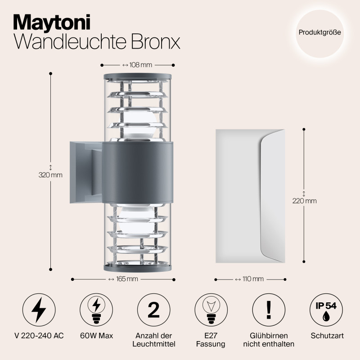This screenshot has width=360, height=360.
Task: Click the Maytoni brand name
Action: (x=52, y=21)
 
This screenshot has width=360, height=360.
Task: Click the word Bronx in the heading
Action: (x=156, y=41)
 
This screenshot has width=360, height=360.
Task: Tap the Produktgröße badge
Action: (x=319, y=32)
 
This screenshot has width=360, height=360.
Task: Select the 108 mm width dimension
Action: (x=138, y=65)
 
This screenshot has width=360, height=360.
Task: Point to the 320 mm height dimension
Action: (x=50, y=175)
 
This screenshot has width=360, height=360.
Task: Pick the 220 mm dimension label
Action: (x=304, y=201)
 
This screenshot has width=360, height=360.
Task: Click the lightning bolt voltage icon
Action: (x=39, y=310)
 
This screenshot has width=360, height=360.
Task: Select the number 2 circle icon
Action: (x=153, y=310)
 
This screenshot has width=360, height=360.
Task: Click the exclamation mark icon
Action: (x=269, y=310)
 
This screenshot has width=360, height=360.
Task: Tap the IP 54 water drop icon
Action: (x=326, y=310)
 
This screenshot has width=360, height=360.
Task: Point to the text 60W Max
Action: (x=96, y=336)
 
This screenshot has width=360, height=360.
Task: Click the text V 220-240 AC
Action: (x=39, y=336)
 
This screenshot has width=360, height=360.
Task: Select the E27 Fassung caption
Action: (x=211, y=340)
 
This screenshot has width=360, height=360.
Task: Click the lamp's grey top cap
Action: (x=138, y=75)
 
